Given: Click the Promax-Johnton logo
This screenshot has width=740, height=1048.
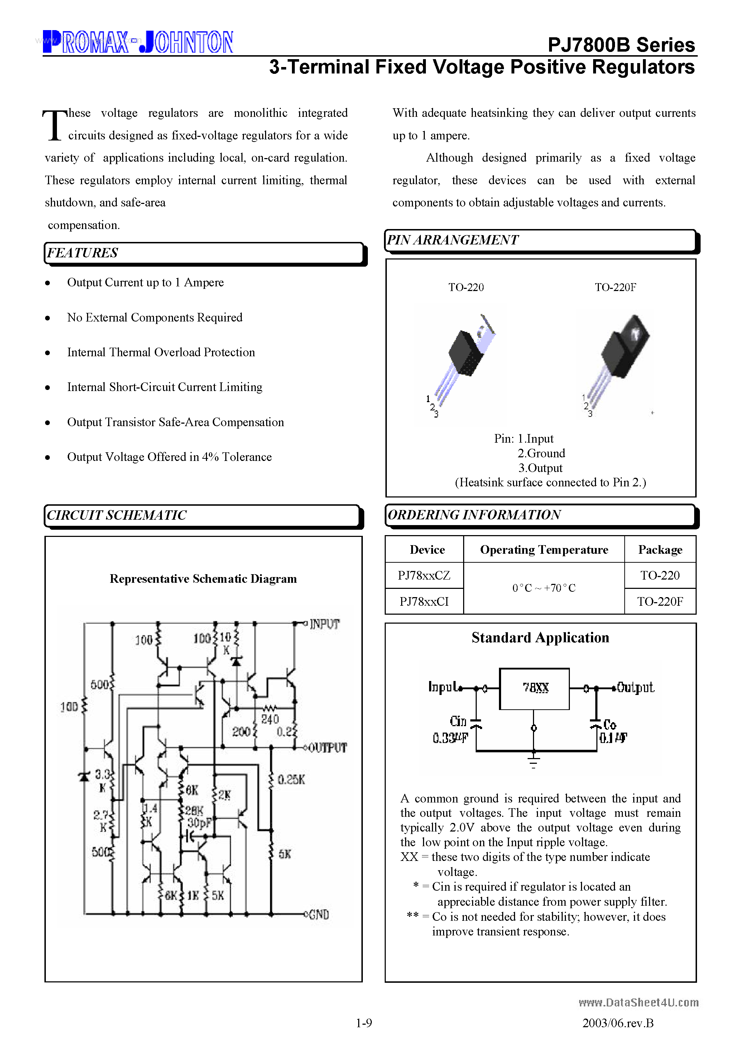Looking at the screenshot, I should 138,42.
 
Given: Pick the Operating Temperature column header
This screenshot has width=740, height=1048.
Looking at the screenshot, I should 544,549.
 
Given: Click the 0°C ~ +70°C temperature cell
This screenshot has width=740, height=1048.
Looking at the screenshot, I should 544,588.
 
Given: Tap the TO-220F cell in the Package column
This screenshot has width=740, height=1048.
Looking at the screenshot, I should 660,601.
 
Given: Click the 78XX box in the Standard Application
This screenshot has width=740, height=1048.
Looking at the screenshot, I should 535,688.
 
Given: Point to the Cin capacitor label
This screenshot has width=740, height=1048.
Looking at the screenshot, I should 458,721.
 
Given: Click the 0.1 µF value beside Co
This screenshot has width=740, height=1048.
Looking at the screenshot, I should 613,738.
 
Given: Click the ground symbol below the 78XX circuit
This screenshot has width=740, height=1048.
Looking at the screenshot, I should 533,761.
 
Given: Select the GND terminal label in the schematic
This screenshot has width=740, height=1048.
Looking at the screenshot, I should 318,914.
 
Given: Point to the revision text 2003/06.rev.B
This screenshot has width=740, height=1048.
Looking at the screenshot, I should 618,1023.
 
